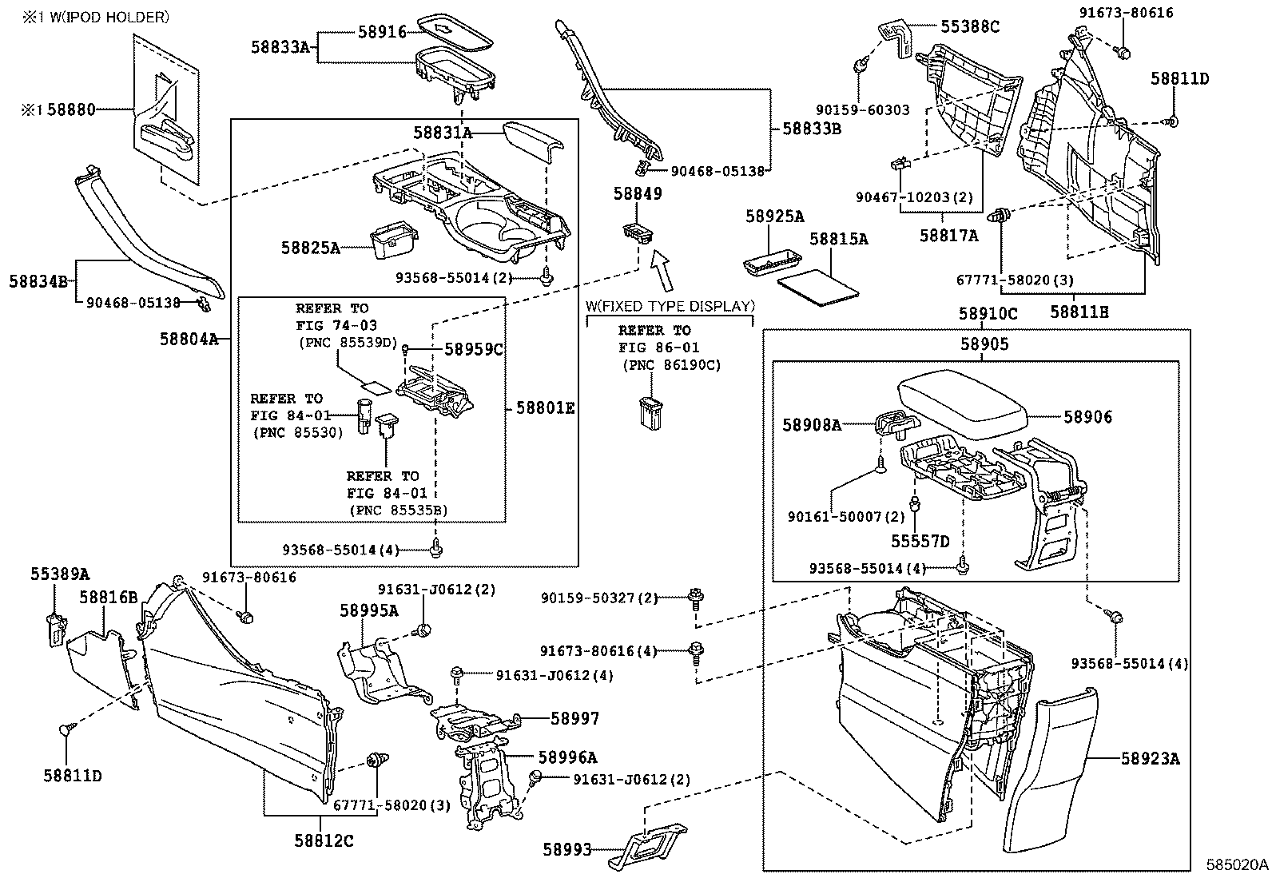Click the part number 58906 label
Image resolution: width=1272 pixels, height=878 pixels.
(x=1087, y=417)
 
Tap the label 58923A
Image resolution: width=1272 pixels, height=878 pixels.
(x=1149, y=758)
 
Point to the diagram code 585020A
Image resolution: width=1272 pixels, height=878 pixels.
(x=1237, y=864)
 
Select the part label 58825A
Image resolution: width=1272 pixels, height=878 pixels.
(x=310, y=248)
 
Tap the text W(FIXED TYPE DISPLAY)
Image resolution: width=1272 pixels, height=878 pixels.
(x=670, y=306)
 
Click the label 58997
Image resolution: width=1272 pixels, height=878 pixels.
(x=574, y=718)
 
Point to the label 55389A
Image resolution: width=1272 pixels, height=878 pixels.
(x=60, y=574)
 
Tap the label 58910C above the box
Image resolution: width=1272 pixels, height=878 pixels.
(x=988, y=314)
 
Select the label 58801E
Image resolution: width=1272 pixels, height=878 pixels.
(x=545, y=408)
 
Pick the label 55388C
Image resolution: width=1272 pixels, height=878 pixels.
(x=969, y=26)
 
